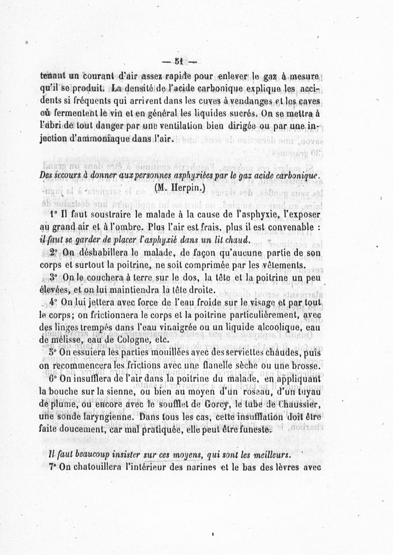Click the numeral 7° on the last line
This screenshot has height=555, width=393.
(55, 467)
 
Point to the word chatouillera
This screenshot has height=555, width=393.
(102, 467)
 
